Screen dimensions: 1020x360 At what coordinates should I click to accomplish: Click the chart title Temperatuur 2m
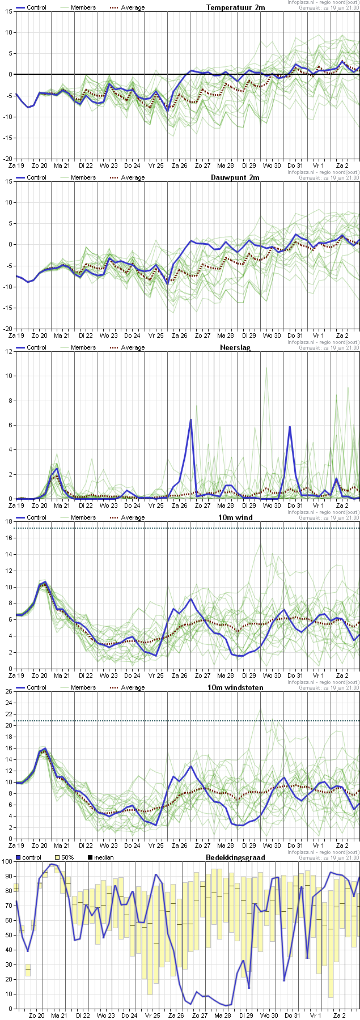pyautogui.click(x=235, y=7)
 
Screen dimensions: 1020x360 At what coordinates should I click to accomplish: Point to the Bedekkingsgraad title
pyautogui.click(x=235, y=857)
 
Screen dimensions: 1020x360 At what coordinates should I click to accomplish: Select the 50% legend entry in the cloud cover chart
pyautogui.click(x=67, y=857)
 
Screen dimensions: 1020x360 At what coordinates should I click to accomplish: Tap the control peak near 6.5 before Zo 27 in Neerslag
pyautogui.click(x=190, y=420)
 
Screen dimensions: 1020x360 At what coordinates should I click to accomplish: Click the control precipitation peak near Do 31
pyautogui.click(x=290, y=427)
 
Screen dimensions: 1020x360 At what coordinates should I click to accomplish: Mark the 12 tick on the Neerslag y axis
pyautogui.click(x=9, y=351)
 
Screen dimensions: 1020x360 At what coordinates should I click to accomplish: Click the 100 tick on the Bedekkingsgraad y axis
pyautogui.click(x=6, y=861)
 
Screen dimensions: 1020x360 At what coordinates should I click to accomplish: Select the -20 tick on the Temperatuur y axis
pyautogui.click(x=7, y=159)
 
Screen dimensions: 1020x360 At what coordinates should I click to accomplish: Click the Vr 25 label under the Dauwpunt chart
pyautogui.click(x=156, y=335)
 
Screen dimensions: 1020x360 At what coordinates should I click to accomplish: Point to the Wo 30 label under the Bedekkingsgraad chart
pyautogui.click(x=269, y=1015)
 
